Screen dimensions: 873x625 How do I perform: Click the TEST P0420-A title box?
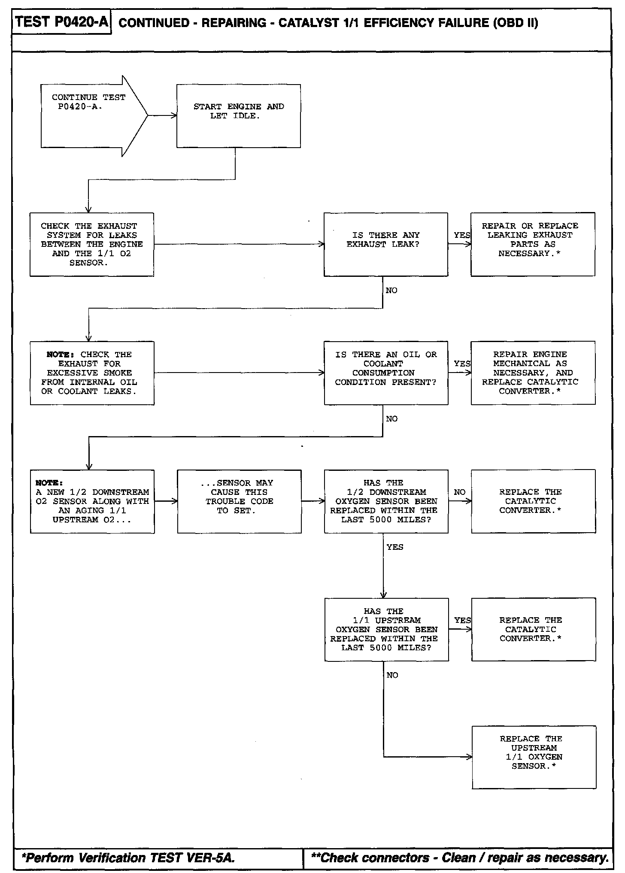[x=62, y=22]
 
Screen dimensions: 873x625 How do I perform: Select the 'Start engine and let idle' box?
[x=238, y=116]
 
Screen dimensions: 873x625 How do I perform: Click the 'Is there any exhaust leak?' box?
[x=385, y=244]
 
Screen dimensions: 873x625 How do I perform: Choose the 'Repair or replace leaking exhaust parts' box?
[x=532, y=244]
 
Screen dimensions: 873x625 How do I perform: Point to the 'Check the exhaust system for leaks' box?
[x=91, y=244]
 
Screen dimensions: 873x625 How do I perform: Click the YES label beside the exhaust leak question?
[x=461, y=235]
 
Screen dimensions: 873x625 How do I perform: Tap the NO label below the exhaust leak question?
[x=391, y=291]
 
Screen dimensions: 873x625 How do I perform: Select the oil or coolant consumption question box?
[x=386, y=373]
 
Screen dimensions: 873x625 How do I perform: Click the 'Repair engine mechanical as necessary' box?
[x=533, y=373]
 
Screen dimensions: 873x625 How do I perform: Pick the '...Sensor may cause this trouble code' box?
[x=239, y=501]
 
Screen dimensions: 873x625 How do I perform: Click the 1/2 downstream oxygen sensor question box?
[x=386, y=501]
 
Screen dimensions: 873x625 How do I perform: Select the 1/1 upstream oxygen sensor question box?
[x=386, y=629]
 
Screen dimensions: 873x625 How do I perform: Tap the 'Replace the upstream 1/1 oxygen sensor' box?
[x=534, y=757]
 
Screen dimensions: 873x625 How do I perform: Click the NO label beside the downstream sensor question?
[x=459, y=492]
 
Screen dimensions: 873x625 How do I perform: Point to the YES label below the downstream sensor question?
[x=394, y=547]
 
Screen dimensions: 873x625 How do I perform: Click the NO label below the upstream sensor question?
[x=392, y=676]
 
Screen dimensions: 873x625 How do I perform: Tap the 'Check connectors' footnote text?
[x=459, y=858]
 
